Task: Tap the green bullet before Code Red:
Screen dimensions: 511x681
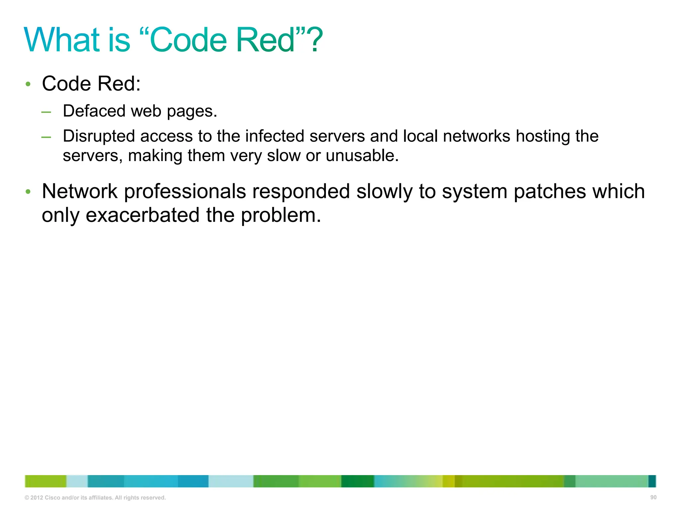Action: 28,84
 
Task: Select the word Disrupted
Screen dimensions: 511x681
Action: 99,136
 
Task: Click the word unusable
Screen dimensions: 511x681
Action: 362,155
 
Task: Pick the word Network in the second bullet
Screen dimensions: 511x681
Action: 79,191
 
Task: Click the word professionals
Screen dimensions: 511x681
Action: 185,192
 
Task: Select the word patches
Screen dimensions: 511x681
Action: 550,192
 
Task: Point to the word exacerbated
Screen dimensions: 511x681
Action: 142,215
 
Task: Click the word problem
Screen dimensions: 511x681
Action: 281,216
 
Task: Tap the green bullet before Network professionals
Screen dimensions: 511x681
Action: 28,192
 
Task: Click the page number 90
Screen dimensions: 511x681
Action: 653,497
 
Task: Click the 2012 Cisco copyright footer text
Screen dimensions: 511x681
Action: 95,498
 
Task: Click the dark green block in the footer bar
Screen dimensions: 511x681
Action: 357,481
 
